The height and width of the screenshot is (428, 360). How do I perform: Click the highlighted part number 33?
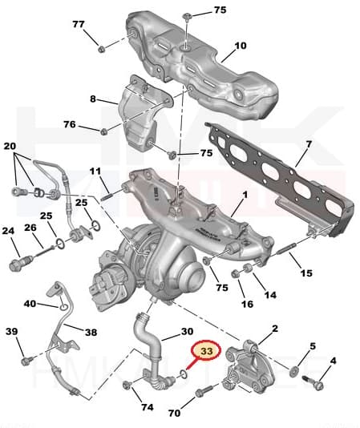[x=207, y=351]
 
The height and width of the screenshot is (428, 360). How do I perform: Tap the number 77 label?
[x=79, y=25]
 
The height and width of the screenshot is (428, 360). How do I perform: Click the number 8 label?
[x=93, y=99]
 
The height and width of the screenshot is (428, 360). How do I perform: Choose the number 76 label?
[x=70, y=124]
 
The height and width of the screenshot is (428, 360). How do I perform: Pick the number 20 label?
[x=10, y=147]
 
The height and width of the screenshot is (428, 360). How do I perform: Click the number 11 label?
[x=95, y=172]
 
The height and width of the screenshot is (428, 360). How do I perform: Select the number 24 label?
[x=9, y=232]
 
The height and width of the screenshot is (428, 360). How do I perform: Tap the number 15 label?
[x=305, y=273]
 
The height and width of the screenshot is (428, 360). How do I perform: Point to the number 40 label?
[x=30, y=304]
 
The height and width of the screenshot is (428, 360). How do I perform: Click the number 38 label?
[x=91, y=331]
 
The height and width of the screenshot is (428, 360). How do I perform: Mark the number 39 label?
[x=11, y=332]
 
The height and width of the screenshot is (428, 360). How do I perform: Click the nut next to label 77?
[x=102, y=49]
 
